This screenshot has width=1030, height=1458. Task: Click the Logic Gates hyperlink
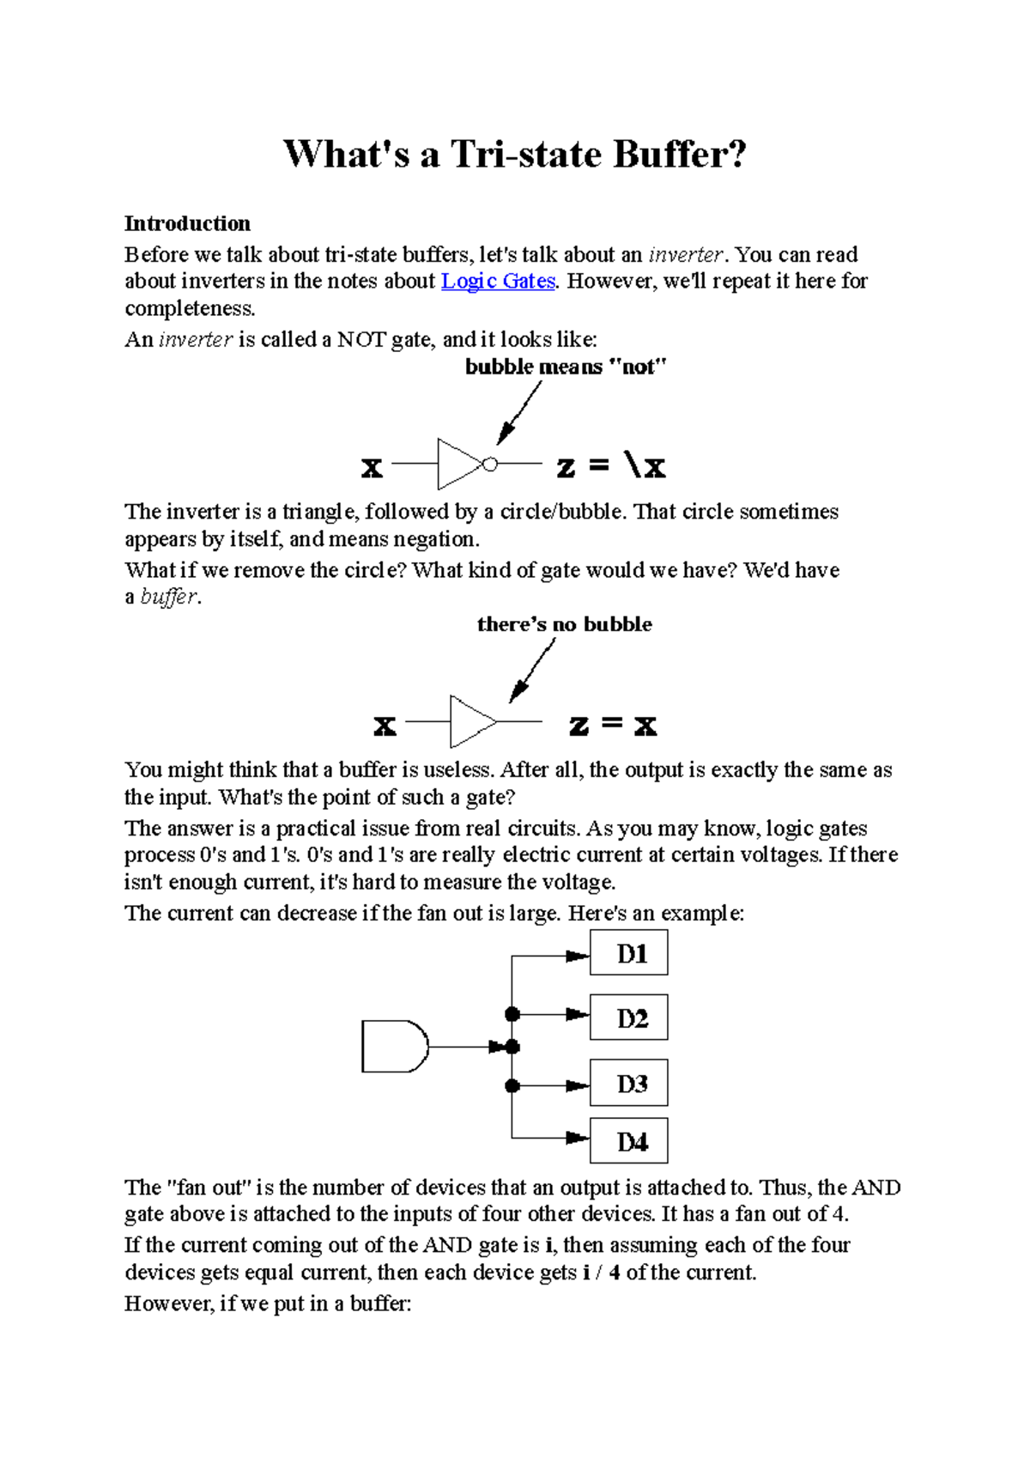[x=498, y=282]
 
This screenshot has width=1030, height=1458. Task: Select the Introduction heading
[x=187, y=224]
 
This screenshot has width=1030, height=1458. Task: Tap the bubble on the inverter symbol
[x=490, y=465]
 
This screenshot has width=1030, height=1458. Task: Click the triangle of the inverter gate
[x=457, y=465]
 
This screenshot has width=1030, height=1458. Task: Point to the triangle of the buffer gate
[x=471, y=722]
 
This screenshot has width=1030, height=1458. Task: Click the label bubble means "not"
[x=566, y=368]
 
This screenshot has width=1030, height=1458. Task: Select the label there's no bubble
[x=564, y=624]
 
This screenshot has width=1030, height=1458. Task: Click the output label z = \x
[x=610, y=467]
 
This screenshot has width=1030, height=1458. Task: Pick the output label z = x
[x=613, y=726]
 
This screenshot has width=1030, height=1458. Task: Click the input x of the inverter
[x=372, y=468]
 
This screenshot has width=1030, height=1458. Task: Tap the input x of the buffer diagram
[x=385, y=726]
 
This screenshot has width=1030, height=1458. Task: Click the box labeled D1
[x=629, y=953]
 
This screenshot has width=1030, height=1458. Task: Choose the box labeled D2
[x=629, y=1018]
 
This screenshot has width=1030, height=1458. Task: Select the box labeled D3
[x=629, y=1084]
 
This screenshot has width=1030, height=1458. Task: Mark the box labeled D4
[x=629, y=1141]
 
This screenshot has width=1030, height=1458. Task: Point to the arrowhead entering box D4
[x=578, y=1139]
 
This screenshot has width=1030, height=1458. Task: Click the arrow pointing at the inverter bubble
[x=519, y=414]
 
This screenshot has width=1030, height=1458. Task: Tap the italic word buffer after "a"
[x=169, y=598]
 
